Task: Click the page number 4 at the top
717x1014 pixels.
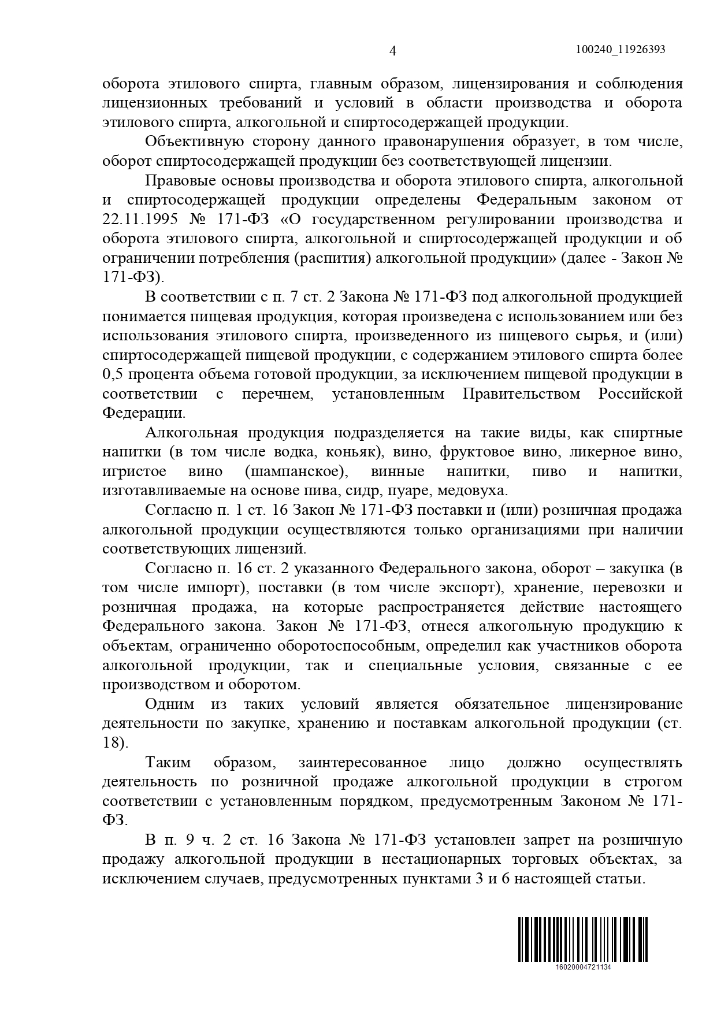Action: pyautogui.click(x=393, y=51)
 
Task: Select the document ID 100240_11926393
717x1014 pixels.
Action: pyautogui.click(x=621, y=50)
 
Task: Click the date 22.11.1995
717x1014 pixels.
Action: pyautogui.click(x=135, y=220)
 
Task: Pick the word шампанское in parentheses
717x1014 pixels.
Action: pyautogui.click(x=296, y=471)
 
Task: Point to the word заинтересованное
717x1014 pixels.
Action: pyautogui.click(x=363, y=763)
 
